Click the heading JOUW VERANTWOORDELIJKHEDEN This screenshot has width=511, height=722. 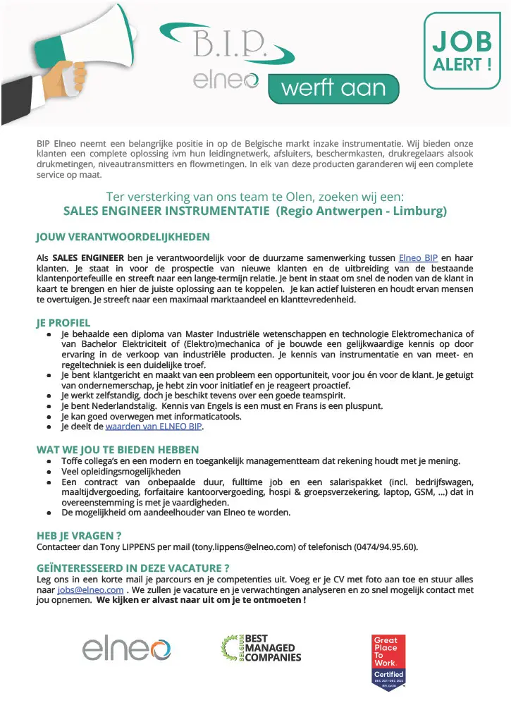pyautogui.click(x=123, y=237)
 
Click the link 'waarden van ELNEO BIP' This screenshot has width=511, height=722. pyautogui.click(x=154, y=427)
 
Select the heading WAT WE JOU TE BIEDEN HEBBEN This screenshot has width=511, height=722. pyautogui.click(x=118, y=449)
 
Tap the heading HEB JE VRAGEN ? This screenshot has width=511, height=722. pyautogui.click(x=79, y=535)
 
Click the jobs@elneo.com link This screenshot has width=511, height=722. pyautogui.click(x=90, y=589)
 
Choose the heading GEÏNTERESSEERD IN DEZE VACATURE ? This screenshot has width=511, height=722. pyautogui.click(x=133, y=568)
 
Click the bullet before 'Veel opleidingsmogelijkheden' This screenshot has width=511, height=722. pyautogui.click(x=48, y=472)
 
